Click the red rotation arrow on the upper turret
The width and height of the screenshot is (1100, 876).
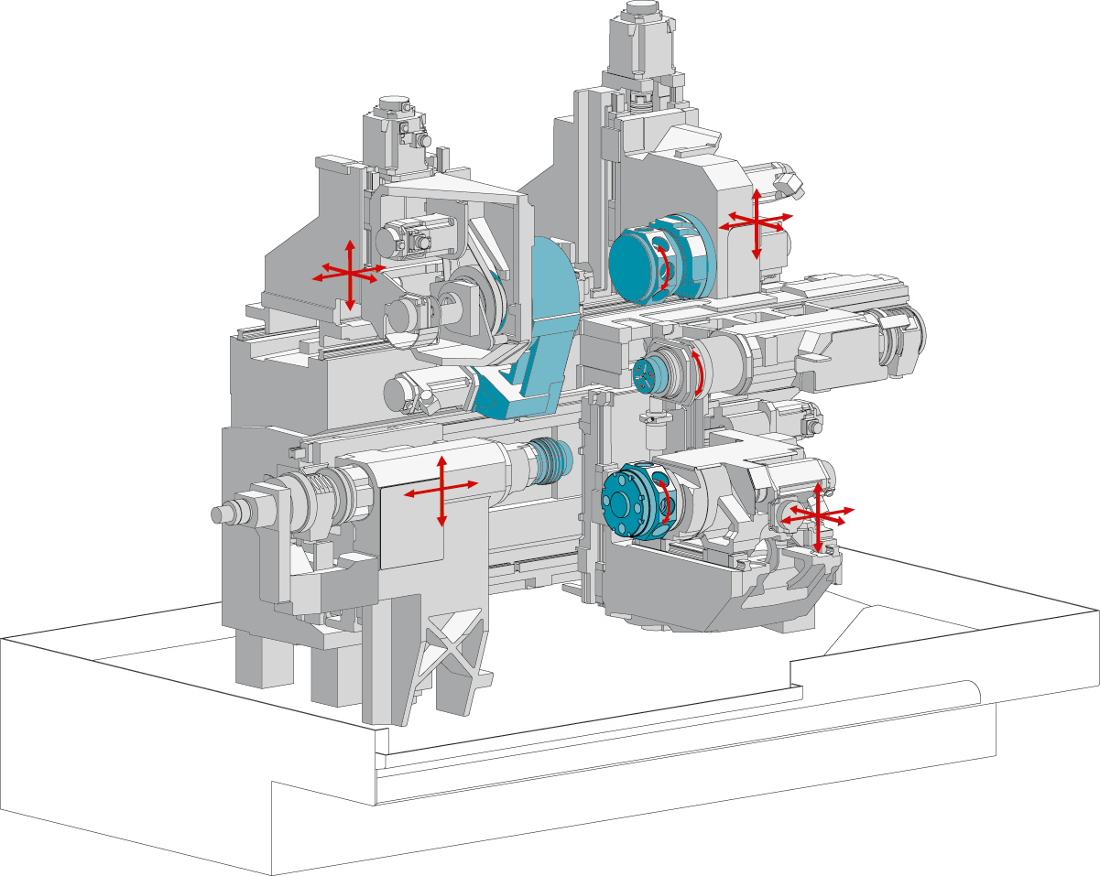[x=666, y=268]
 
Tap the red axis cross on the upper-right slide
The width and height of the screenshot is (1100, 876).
[x=756, y=222]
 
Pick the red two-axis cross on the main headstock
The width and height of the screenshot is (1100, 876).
[x=441, y=489]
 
